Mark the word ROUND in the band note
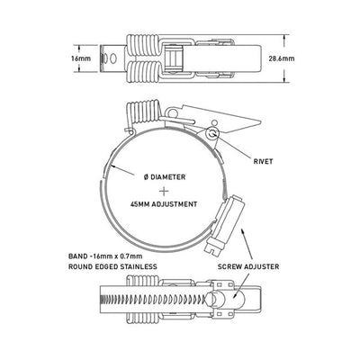coord(86,267)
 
